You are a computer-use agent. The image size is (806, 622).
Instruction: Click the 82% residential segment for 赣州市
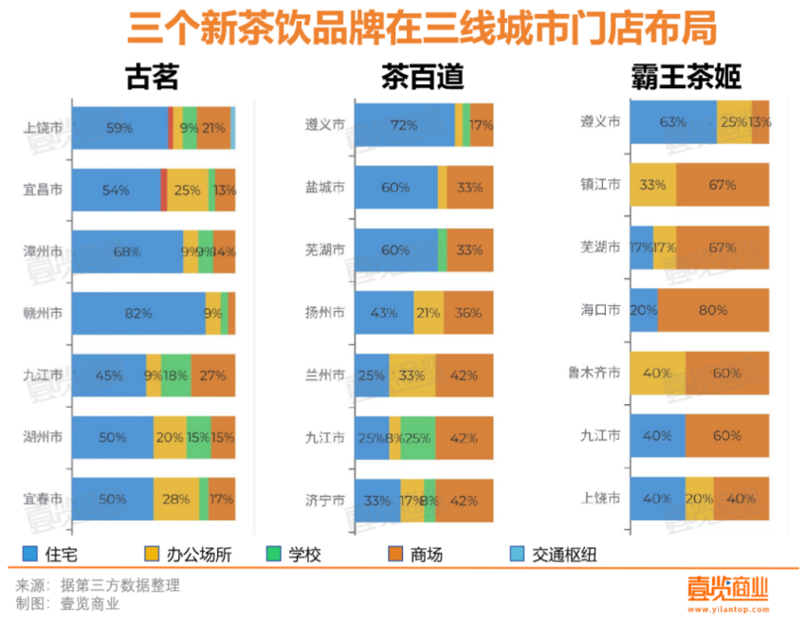point(138,313)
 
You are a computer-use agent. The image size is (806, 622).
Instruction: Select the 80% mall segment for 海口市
point(713,310)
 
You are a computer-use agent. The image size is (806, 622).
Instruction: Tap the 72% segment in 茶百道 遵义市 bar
point(404,125)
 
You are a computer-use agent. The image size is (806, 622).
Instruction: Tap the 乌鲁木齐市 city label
point(595,374)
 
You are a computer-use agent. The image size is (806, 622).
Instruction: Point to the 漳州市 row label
point(43,251)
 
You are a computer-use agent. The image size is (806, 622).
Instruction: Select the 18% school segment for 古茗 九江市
point(175,375)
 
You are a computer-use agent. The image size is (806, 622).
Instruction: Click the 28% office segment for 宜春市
point(176,499)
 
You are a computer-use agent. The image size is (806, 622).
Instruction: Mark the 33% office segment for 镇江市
point(652,185)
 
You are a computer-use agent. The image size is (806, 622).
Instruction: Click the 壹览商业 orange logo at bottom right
point(727,588)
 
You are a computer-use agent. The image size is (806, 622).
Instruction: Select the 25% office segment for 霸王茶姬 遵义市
point(734,121)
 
